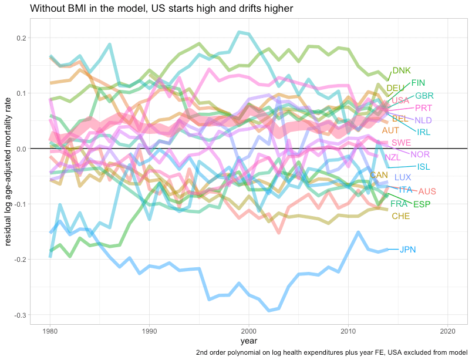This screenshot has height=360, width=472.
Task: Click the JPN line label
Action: tap(407, 250)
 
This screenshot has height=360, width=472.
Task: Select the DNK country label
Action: tap(402, 70)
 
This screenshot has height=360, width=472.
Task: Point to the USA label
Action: tap(400, 100)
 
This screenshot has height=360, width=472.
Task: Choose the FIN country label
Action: tap(419, 83)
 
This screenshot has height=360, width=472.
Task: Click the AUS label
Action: tap(427, 191)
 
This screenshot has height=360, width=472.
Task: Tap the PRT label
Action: tap(423, 108)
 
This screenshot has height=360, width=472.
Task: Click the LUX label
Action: tap(403, 177)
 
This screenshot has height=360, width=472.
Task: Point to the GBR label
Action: tap(424, 95)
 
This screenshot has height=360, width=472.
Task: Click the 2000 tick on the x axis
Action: tap(249, 331)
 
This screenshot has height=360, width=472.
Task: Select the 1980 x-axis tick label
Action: tap(50, 331)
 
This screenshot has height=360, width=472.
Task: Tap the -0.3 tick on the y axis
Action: tap(19, 315)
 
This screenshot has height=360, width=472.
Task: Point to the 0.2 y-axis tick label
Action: tap(21, 38)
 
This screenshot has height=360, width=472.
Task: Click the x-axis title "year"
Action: tap(249, 341)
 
